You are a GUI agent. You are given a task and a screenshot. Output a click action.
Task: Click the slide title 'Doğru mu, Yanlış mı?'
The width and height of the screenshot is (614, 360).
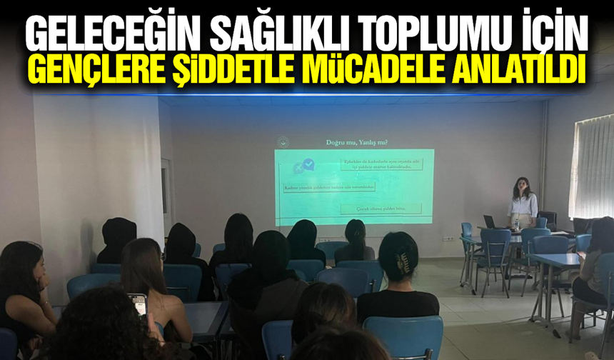(x=351, y=143)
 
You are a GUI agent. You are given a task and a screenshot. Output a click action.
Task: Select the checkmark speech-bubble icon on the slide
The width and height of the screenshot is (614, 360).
(x=308, y=167)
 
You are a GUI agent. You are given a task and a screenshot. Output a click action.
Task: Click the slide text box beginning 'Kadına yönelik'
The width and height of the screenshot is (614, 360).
(x=329, y=188)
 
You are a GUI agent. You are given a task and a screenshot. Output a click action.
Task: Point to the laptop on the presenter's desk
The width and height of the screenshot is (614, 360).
(x=491, y=222)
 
